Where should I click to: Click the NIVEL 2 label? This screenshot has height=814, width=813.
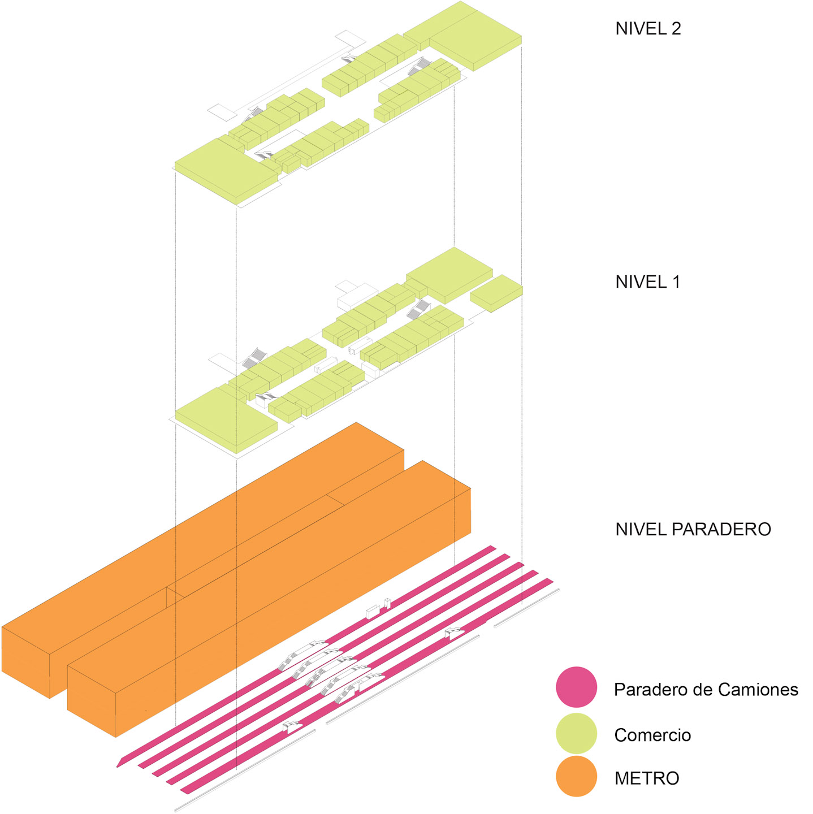coord(648,29)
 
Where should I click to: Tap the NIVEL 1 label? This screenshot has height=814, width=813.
coord(647,282)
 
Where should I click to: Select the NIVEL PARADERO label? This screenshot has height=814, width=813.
coord(693,529)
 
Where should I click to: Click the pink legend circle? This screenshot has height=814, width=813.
coord(576,687)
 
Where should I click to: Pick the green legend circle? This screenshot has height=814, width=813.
coord(576,733)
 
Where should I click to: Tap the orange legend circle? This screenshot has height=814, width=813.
coord(576,776)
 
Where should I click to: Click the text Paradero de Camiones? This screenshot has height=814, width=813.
coord(706,690)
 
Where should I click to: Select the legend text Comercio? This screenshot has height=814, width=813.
coord(652,735)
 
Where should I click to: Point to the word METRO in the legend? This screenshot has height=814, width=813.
coord(647,778)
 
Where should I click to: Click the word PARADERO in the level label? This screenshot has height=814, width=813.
coord(721,529)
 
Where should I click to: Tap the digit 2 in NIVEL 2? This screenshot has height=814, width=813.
coord(676,29)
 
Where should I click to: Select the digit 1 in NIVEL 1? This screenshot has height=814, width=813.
coord(676,282)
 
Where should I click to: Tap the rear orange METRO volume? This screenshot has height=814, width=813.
coord(226,526)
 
